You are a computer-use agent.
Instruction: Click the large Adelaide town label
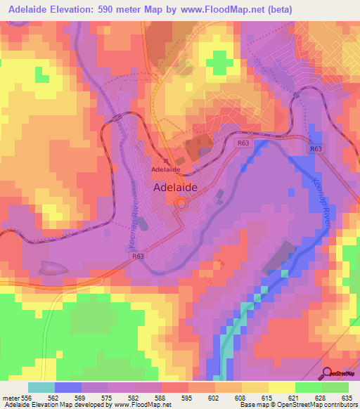click(175, 188)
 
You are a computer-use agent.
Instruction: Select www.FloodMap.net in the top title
click(218, 9)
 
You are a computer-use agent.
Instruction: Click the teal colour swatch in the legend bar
click(41, 387)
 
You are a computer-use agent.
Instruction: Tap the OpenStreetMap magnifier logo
click(326, 372)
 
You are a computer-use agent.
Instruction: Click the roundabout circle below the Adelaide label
click(181, 204)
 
